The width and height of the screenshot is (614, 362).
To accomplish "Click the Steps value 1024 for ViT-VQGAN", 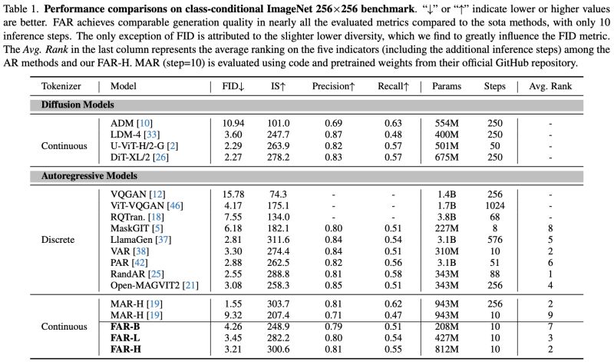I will (x=494, y=206).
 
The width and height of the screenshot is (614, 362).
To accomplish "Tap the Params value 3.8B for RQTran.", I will (x=441, y=217).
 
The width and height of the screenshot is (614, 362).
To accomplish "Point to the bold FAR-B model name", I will (x=126, y=326).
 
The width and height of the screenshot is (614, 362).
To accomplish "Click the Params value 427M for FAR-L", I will (x=441, y=337).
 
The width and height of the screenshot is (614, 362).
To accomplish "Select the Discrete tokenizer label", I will (x=58, y=240).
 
